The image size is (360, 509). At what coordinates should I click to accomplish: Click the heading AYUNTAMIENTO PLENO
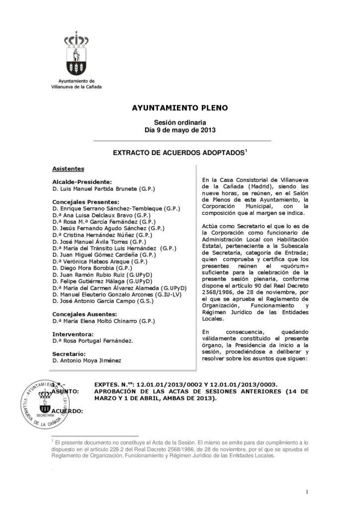pyautogui.click(x=180, y=107)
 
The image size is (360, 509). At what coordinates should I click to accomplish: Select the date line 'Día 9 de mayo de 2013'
pyautogui.click(x=180, y=130)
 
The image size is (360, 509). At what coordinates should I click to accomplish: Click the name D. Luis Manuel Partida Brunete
pyautogui.click(x=104, y=189)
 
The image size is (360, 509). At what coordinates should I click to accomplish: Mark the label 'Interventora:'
pyautogui.click(x=73, y=334)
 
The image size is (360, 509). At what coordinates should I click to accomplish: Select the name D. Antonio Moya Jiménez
pyautogui.click(x=87, y=360)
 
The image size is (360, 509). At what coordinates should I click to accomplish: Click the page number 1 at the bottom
pyautogui.click(x=308, y=492)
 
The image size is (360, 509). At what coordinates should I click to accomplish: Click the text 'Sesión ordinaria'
pyautogui.click(x=180, y=122)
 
